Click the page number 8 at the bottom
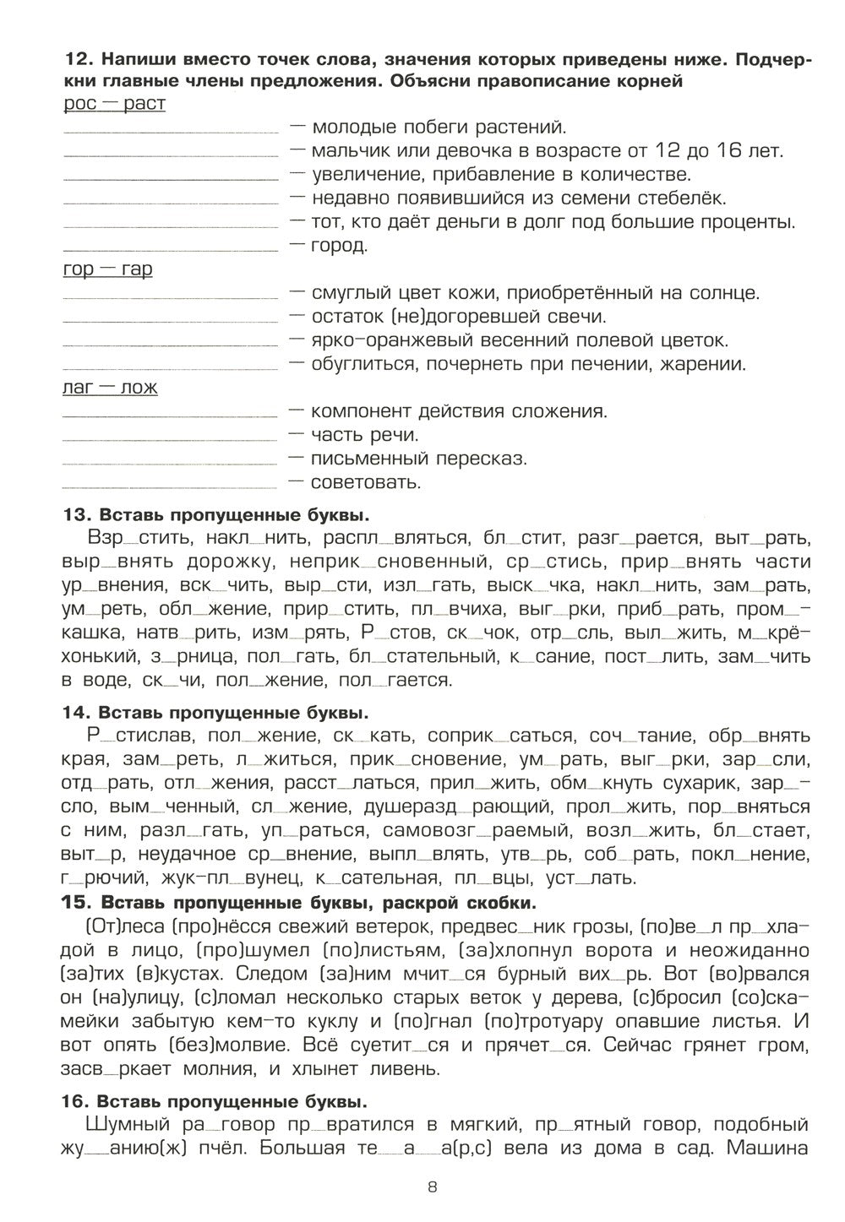click(432, 1187)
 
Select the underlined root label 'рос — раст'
click(114, 104)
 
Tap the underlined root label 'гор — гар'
click(107, 270)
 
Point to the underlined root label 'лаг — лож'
click(110, 388)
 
